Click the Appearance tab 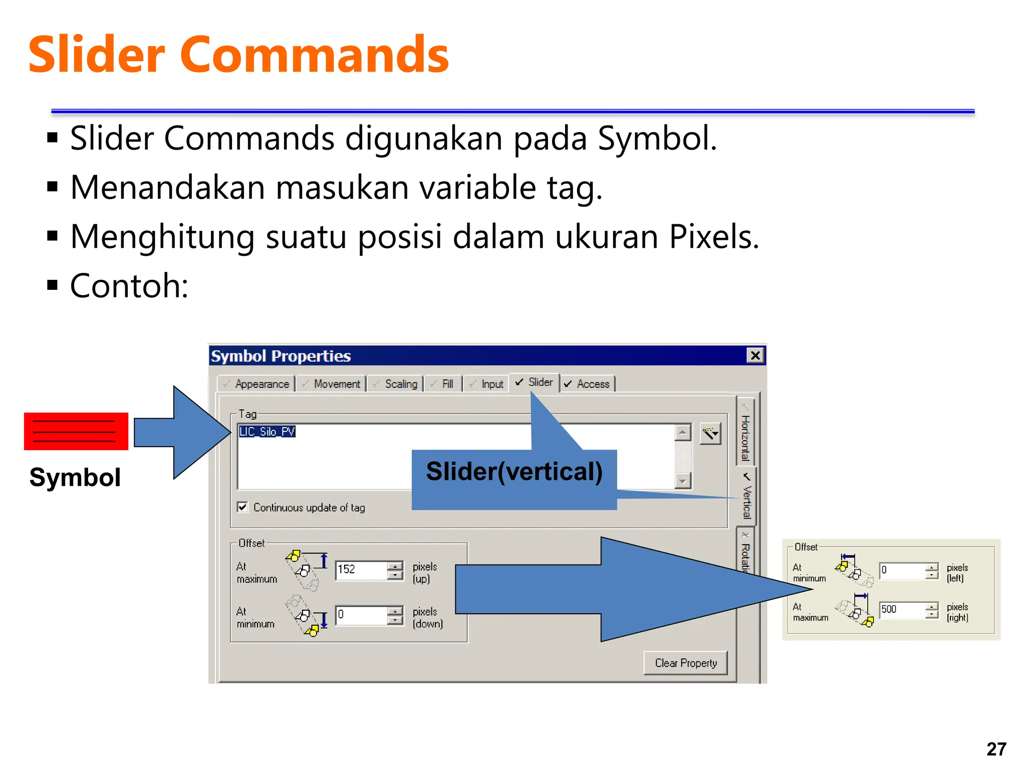(x=257, y=384)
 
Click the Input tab (x=487, y=384)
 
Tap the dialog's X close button (x=755, y=355)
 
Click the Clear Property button (x=685, y=663)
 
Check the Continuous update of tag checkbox (x=243, y=507)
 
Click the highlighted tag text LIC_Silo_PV (x=267, y=432)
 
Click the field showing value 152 (x=361, y=570)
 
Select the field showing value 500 (x=902, y=609)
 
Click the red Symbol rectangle (x=76, y=431)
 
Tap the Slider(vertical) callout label (x=514, y=472)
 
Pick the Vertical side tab (x=746, y=498)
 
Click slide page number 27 (x=996, y=749)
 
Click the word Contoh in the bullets (x=128, y=286)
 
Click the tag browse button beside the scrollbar (x=710, y=433)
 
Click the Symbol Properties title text (x=281, y=356)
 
